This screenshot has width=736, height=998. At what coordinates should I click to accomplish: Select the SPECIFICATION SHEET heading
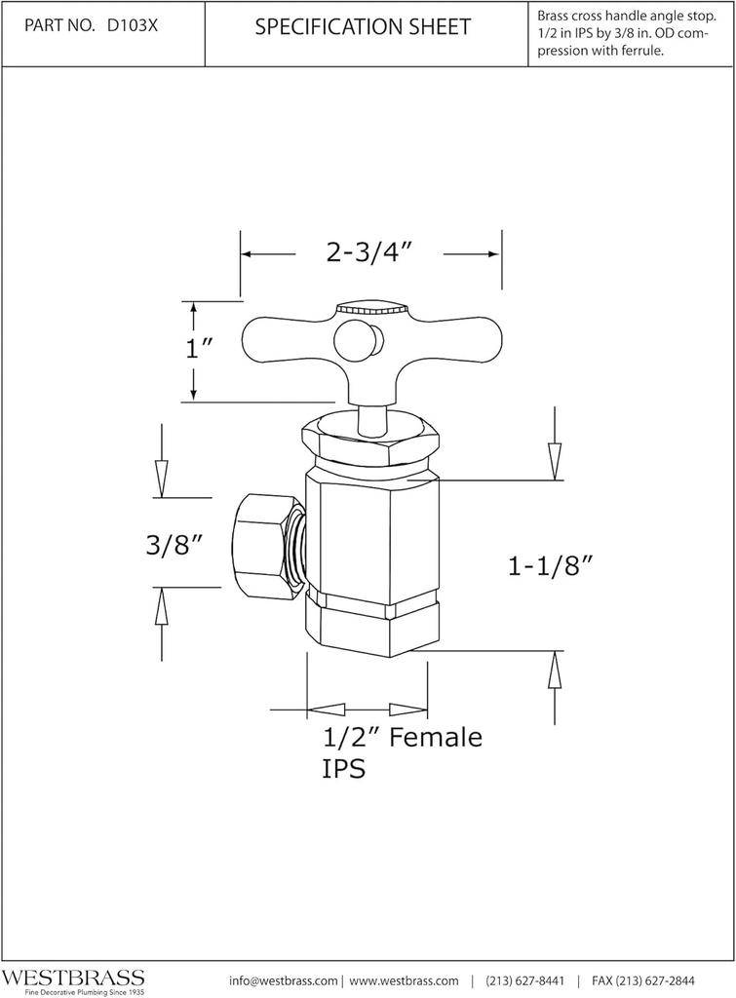(x=363, y=27)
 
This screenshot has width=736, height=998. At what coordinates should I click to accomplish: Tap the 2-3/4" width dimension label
(x=369, y=252)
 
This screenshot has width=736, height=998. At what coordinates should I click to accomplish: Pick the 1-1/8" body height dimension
(x=551, y=566)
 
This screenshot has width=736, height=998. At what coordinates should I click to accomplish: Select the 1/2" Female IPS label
(x=402, y=752)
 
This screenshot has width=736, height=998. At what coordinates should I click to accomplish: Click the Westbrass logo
(x=73, y=979)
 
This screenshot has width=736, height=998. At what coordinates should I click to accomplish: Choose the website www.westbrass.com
(x=404, y=980)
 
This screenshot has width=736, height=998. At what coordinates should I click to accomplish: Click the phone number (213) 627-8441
(x=524, y=980)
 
